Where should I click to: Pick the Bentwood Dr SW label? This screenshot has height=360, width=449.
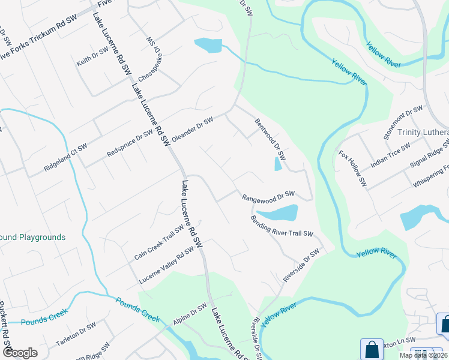pos(268,137)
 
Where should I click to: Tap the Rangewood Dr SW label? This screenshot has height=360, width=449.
pos(268,196)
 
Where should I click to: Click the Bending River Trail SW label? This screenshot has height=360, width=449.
pos(282,224)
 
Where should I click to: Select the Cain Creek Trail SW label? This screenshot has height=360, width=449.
pos(159,242)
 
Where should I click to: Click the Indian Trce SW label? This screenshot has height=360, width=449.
pos(390,154)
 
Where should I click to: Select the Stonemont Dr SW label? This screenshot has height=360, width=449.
pos(403,122)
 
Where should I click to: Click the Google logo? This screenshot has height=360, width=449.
pos(20,353)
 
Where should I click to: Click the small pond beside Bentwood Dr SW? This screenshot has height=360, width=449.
pos(278,163)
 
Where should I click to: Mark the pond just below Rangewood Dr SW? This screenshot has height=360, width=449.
pos(279,213)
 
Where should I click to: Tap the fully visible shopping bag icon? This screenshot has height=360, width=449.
pos(372,349)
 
